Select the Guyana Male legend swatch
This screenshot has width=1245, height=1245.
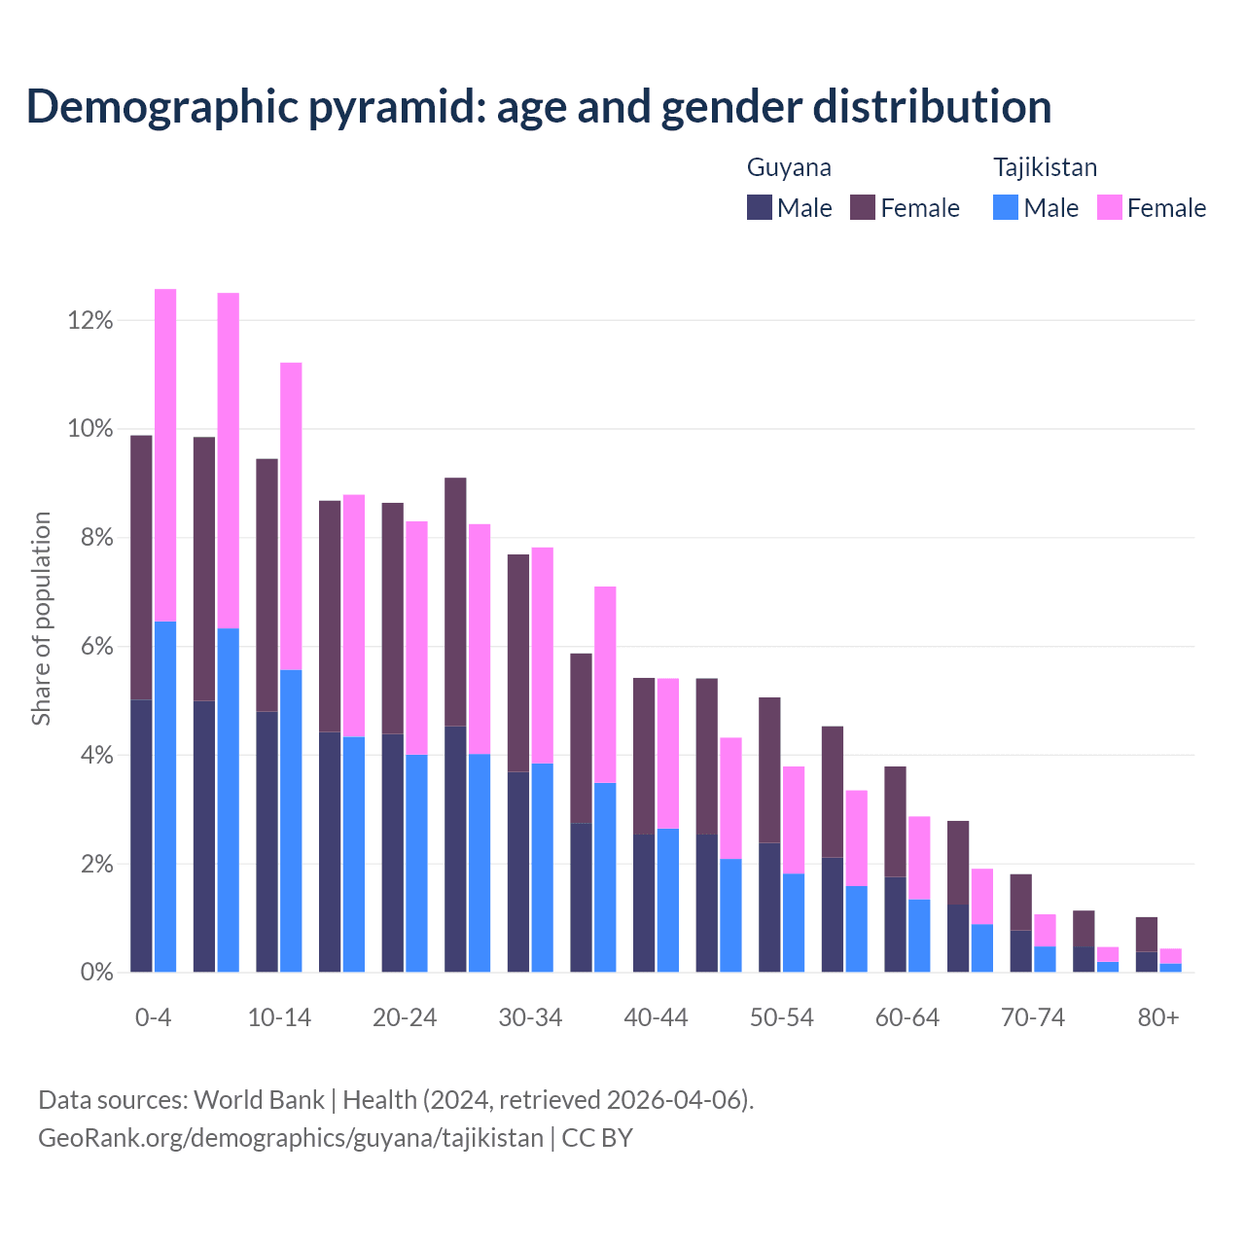[760, 207]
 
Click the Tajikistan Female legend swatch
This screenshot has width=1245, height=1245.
[1109, 207]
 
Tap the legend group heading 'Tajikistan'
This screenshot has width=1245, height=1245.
[1045, 167]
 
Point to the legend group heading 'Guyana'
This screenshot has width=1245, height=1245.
[789, 167]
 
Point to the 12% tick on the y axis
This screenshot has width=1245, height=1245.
[90, 320]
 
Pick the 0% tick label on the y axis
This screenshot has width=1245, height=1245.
[95, 972]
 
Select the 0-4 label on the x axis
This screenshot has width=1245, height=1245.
[153, 1018]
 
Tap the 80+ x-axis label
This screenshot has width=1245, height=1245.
[1158, 1018]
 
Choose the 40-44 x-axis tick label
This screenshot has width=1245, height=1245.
[656, 1018]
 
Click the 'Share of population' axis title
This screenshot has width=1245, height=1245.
[42, 619]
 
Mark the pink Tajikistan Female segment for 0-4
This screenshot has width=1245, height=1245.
[165, 454]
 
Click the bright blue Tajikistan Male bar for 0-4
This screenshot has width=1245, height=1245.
[165, 797]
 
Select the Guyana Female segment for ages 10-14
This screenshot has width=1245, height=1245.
[267, 585]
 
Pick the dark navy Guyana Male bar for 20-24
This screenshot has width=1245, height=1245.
[392, 853]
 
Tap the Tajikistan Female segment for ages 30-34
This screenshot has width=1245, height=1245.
[543, 656]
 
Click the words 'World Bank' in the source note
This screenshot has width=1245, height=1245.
[259, 1100]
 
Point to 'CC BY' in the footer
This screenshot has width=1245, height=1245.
[597, 1138]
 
